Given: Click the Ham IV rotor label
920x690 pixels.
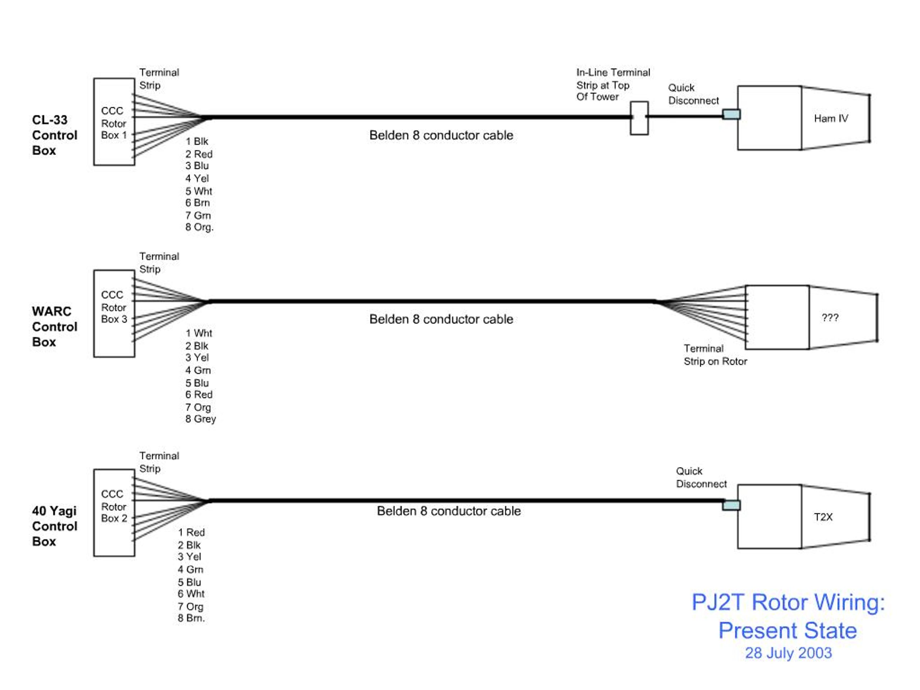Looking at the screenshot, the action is (x=831, y=119).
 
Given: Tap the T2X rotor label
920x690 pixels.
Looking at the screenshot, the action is (x=823, y=517).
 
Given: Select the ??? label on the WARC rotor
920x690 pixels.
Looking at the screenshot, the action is (x=830, y=317).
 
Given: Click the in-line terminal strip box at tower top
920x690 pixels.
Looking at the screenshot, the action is (x=639, y=118).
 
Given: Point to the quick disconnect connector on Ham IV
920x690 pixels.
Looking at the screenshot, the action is (x=731, y=114).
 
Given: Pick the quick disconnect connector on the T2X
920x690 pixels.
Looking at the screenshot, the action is (x=731, y=505).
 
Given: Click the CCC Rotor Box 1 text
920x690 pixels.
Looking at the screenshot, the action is (x=114, y=123).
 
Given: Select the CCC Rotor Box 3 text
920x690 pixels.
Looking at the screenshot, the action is (x=114, y=307).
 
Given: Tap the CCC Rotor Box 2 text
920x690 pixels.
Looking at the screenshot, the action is (x=114, y=506).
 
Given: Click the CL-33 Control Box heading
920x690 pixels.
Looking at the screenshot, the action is (x=55, y=135).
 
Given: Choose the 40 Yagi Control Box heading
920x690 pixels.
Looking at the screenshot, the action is (x=55, y=526).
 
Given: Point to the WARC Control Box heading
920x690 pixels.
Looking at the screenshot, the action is (x=55, y=326).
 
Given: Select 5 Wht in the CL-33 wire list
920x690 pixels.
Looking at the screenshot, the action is (x=198, y=191).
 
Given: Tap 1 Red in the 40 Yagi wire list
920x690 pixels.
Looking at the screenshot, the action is (x=191, y=532).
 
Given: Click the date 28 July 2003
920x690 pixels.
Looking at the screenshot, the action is (x=788, y=653).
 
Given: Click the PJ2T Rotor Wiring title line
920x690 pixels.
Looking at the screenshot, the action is (x=788, y=602).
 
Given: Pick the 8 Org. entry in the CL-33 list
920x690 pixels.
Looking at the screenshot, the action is (x=199, y=227).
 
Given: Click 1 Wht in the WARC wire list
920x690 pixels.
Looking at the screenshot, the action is (x=198, y=333).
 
